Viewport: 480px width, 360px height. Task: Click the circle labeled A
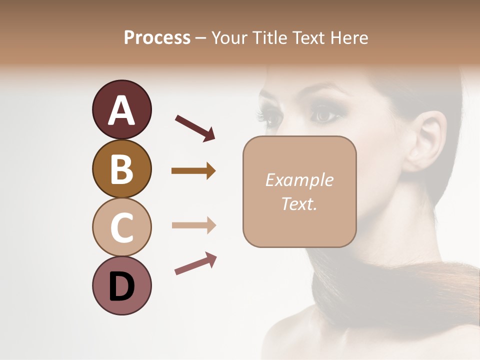pos(121,110)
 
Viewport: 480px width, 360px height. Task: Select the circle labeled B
pos(121,168)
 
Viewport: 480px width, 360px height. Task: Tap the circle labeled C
pos(121,227)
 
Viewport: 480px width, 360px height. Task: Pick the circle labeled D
pos(121,285)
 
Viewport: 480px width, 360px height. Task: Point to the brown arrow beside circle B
pos(193,171)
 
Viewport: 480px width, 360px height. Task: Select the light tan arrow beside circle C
pos(193,225)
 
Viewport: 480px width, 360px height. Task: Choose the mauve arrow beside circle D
pos(195,263)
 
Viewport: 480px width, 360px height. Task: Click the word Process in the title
pos(157,37)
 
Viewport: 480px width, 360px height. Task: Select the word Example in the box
pos(299,180)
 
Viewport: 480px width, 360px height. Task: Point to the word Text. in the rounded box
pos(299,203)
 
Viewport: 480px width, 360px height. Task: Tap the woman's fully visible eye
pos(325,115)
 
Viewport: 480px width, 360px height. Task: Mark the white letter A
pos(121,110)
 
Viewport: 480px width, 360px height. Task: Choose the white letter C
pos(121,227)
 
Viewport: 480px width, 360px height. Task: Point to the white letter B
pos(121,168)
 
